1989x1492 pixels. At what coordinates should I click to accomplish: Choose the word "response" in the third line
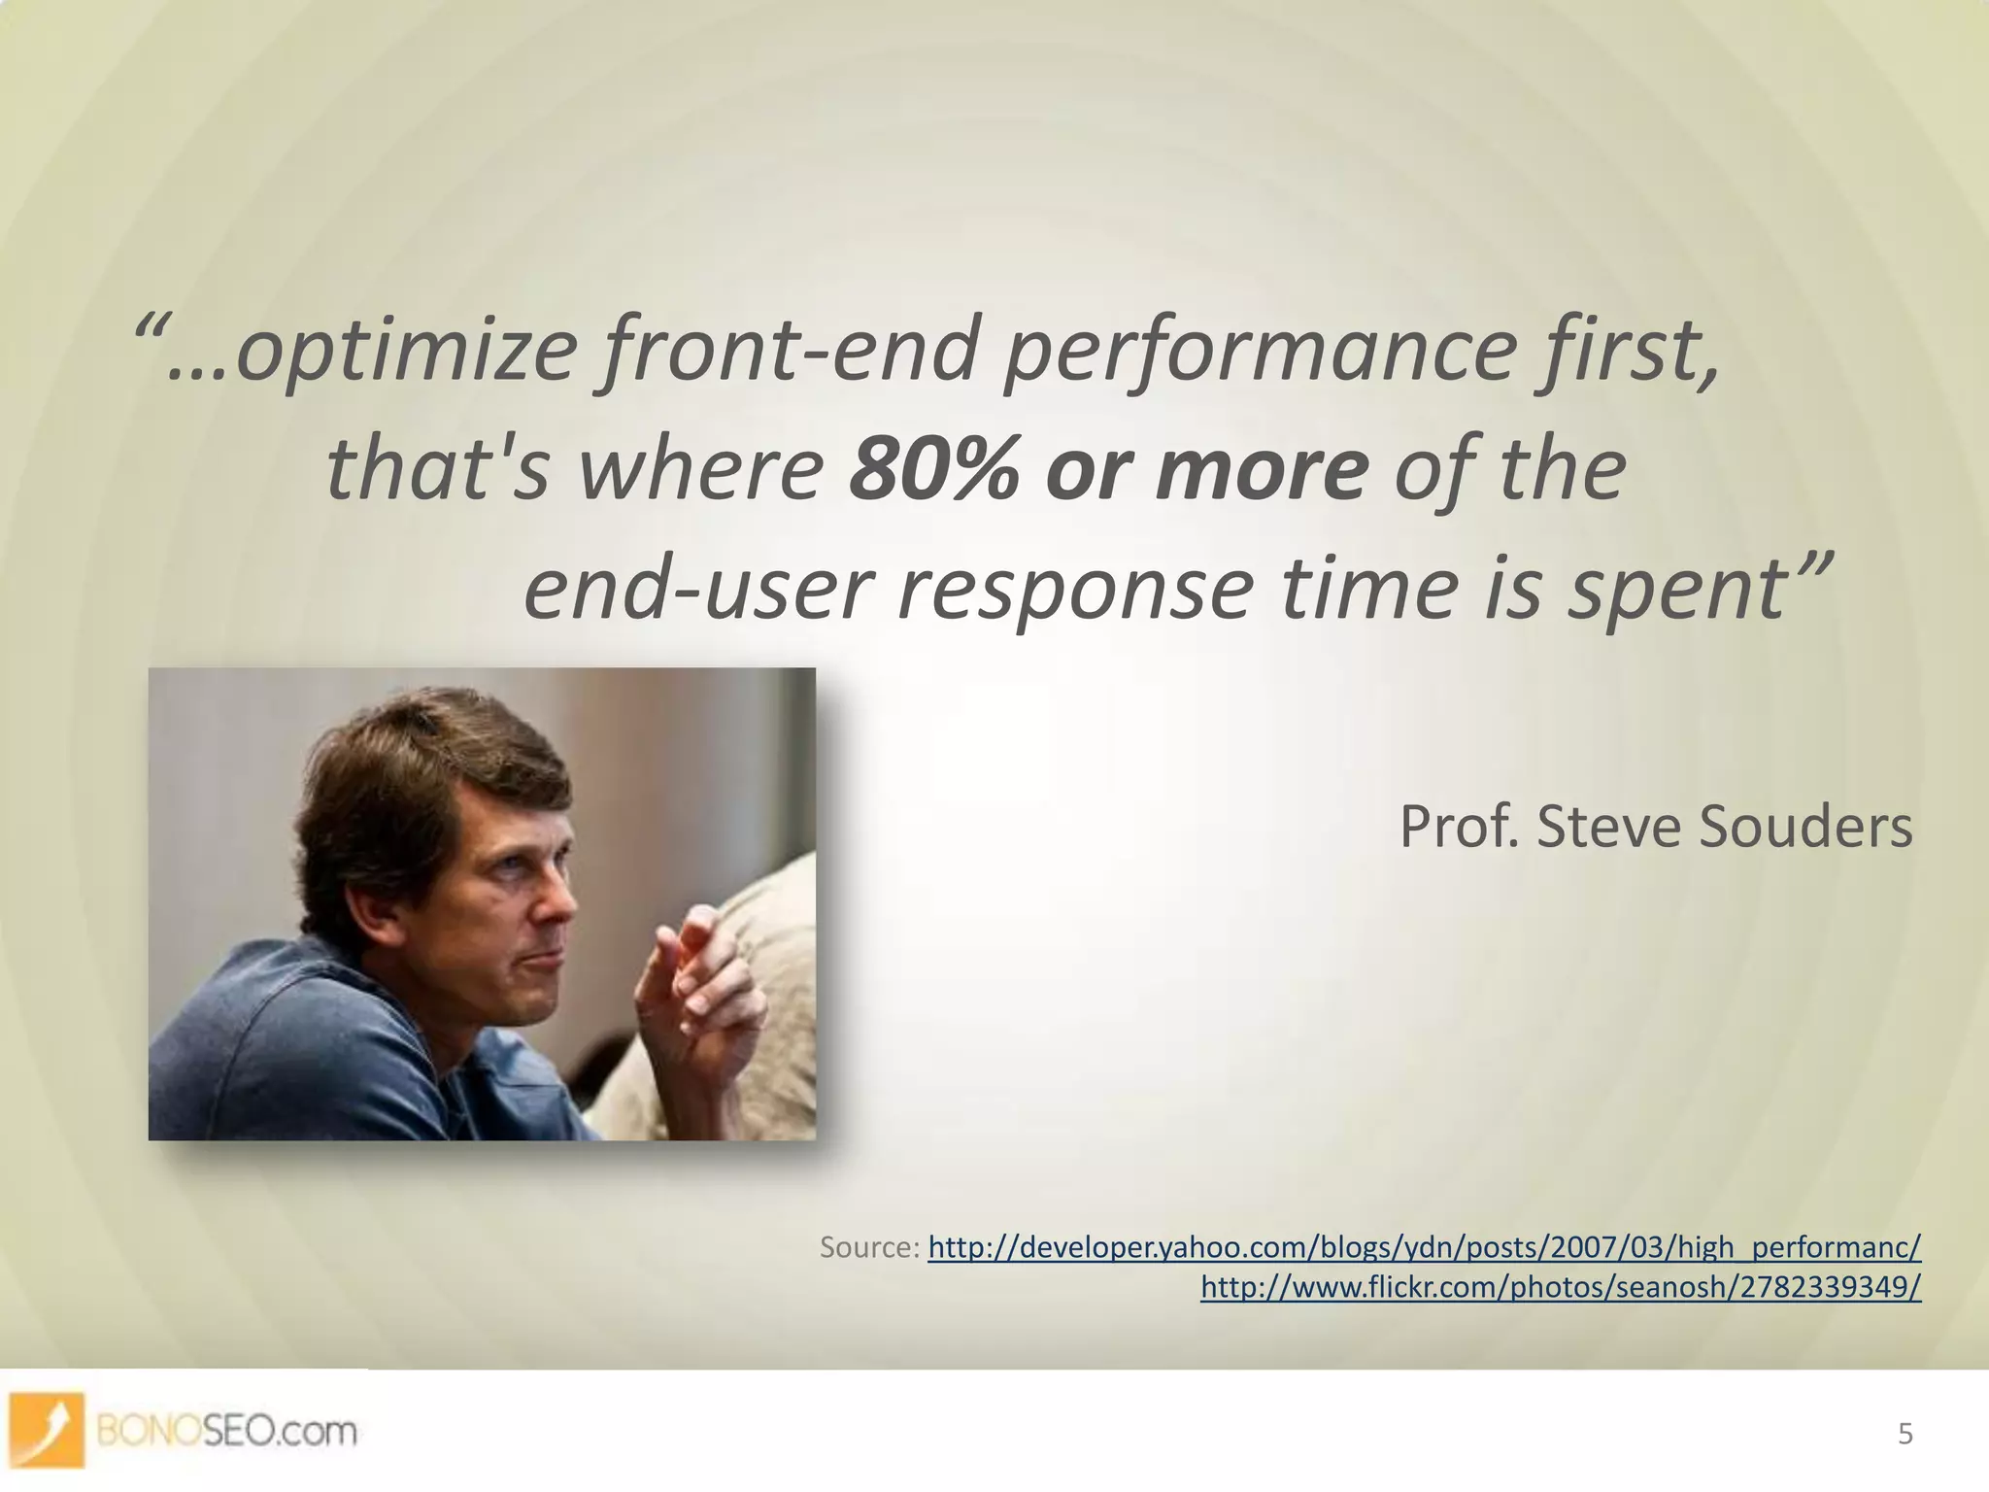(x=1074, y=589)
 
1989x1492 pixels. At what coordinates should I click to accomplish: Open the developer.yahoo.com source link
(x=1424, y=1246)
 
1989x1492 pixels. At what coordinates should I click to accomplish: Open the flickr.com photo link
(x=1560, y=1287)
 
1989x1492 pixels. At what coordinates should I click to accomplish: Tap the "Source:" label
(x=869, y=1246)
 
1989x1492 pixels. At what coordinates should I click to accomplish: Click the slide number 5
(x=1905, y=1434)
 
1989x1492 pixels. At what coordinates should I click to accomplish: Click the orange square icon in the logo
(x=47, y=1429)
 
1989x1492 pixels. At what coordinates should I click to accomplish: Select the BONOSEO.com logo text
(x=227, y=1431)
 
